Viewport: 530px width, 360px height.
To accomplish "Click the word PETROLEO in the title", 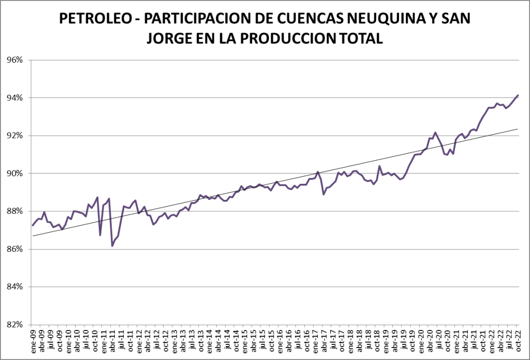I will (95, 19).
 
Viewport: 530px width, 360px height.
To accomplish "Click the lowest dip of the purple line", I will (112, 246).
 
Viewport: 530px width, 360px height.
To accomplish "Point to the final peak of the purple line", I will (518, 95).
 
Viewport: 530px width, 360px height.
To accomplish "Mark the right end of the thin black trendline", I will (518, 129).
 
